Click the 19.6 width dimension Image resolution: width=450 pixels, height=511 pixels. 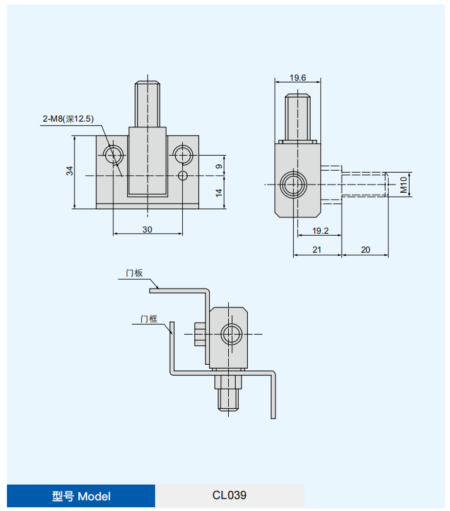pos(297,78)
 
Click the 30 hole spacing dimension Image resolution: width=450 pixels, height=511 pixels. pos(147,230)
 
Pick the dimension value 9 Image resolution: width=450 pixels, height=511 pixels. pos(218,166)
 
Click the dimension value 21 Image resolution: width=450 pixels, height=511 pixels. pos(317,250)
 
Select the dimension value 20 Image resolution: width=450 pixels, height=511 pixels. pos(365,250)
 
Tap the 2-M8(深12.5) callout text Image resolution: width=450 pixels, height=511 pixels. pos(68,118)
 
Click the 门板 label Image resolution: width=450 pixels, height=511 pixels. pos(134,273)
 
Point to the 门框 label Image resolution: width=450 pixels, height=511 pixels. pos(149,319)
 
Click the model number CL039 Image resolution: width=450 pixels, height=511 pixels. pos(229,495)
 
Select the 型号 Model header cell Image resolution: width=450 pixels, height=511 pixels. pos(81,496)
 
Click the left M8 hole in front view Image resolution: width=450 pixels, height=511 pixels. pos(114,154)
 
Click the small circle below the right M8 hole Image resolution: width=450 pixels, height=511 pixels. pos(183,175)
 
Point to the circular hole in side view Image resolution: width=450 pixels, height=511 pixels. pos(294,184)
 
